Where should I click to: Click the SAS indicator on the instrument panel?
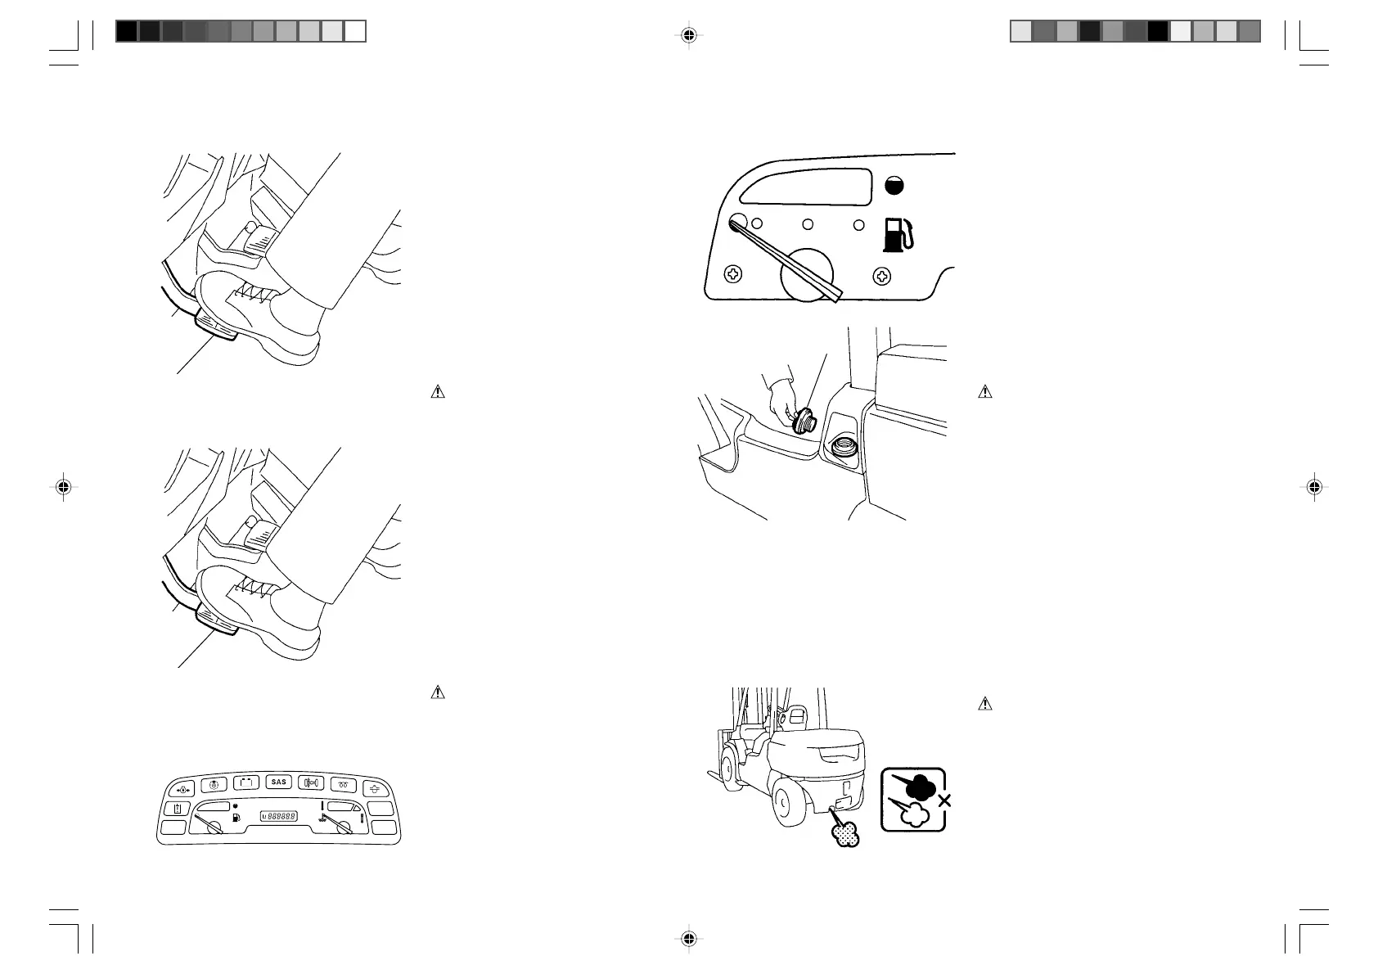tap(279, 782)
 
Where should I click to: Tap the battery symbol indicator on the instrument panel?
tap(245, 783)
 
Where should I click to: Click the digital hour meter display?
tap(278, 816)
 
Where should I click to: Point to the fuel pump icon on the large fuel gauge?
tap(897, 233)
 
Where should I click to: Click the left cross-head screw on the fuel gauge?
tap(734, 276)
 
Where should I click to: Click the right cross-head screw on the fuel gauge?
tap(882, 276)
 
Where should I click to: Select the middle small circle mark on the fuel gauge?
tap(808, 223)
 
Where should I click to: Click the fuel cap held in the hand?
tap(802, 419)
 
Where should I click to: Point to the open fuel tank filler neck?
tap(841, 448)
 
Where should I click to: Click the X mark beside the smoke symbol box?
tap(945, 800)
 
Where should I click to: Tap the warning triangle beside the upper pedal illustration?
tap(438, 392)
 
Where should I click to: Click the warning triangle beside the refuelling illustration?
tap(985, 392)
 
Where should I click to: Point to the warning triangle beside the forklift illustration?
tap(985, 703)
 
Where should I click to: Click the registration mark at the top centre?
tap(689, 35)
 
